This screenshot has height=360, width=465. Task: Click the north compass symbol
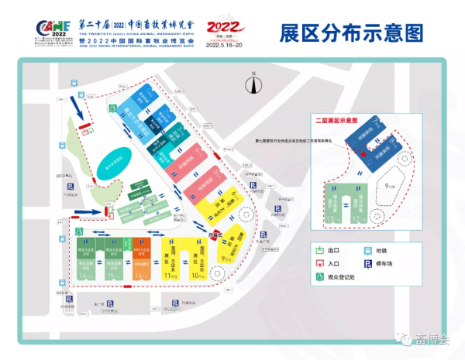(x=253, y=81)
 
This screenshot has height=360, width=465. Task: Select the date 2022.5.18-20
(x=225, y=45)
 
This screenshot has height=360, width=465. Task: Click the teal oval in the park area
(x=114, y=163)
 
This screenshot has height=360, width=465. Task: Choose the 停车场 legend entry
(x=377, y=264)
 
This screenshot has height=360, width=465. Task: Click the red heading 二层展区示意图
(x=334, y=121)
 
